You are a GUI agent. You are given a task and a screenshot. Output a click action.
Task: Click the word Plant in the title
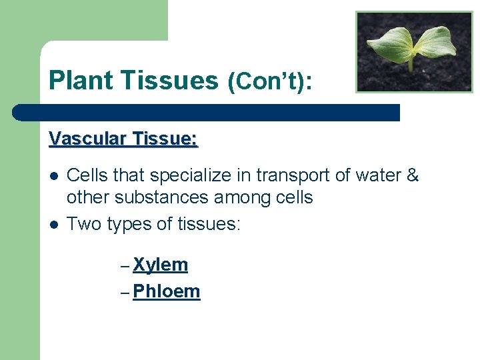coord(80,81)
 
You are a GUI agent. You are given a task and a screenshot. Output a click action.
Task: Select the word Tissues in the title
coord(169,81)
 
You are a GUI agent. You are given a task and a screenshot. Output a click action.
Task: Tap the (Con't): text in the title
coord(270,82)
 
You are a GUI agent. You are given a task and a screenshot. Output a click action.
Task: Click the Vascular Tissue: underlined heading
coord(123,139)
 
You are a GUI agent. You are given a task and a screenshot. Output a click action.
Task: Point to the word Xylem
coord(160,265)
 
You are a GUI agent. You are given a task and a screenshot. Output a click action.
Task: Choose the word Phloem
coord(166,291)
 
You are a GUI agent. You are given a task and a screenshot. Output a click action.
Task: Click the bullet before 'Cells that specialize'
coord(54,176)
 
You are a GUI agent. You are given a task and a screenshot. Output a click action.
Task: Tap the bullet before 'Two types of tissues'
coord(54,224)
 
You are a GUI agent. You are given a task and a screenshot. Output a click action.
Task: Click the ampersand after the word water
coord(412,175)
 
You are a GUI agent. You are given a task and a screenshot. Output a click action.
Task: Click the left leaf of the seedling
coord(390,43)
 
